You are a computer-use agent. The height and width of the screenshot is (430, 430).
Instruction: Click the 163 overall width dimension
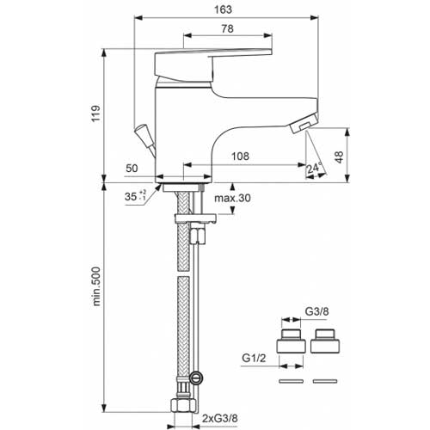coord(223,9)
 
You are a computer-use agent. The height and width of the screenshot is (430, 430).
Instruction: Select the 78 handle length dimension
coord(227,28)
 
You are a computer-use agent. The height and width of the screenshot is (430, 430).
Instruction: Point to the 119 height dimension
coord(96,114)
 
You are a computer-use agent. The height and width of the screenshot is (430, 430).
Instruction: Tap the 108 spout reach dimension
coord(240,157)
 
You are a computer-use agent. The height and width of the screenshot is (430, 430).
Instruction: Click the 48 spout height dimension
coord(339,157)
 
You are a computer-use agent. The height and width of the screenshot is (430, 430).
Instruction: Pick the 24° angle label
coord(315,167)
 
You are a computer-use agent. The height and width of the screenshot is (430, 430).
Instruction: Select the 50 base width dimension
coord(132,169)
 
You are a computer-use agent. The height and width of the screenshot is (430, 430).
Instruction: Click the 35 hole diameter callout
coord(135,196)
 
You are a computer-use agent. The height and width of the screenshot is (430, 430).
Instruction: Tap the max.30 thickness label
coord(232,198)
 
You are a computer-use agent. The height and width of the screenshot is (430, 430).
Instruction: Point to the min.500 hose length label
coord(96,286)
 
